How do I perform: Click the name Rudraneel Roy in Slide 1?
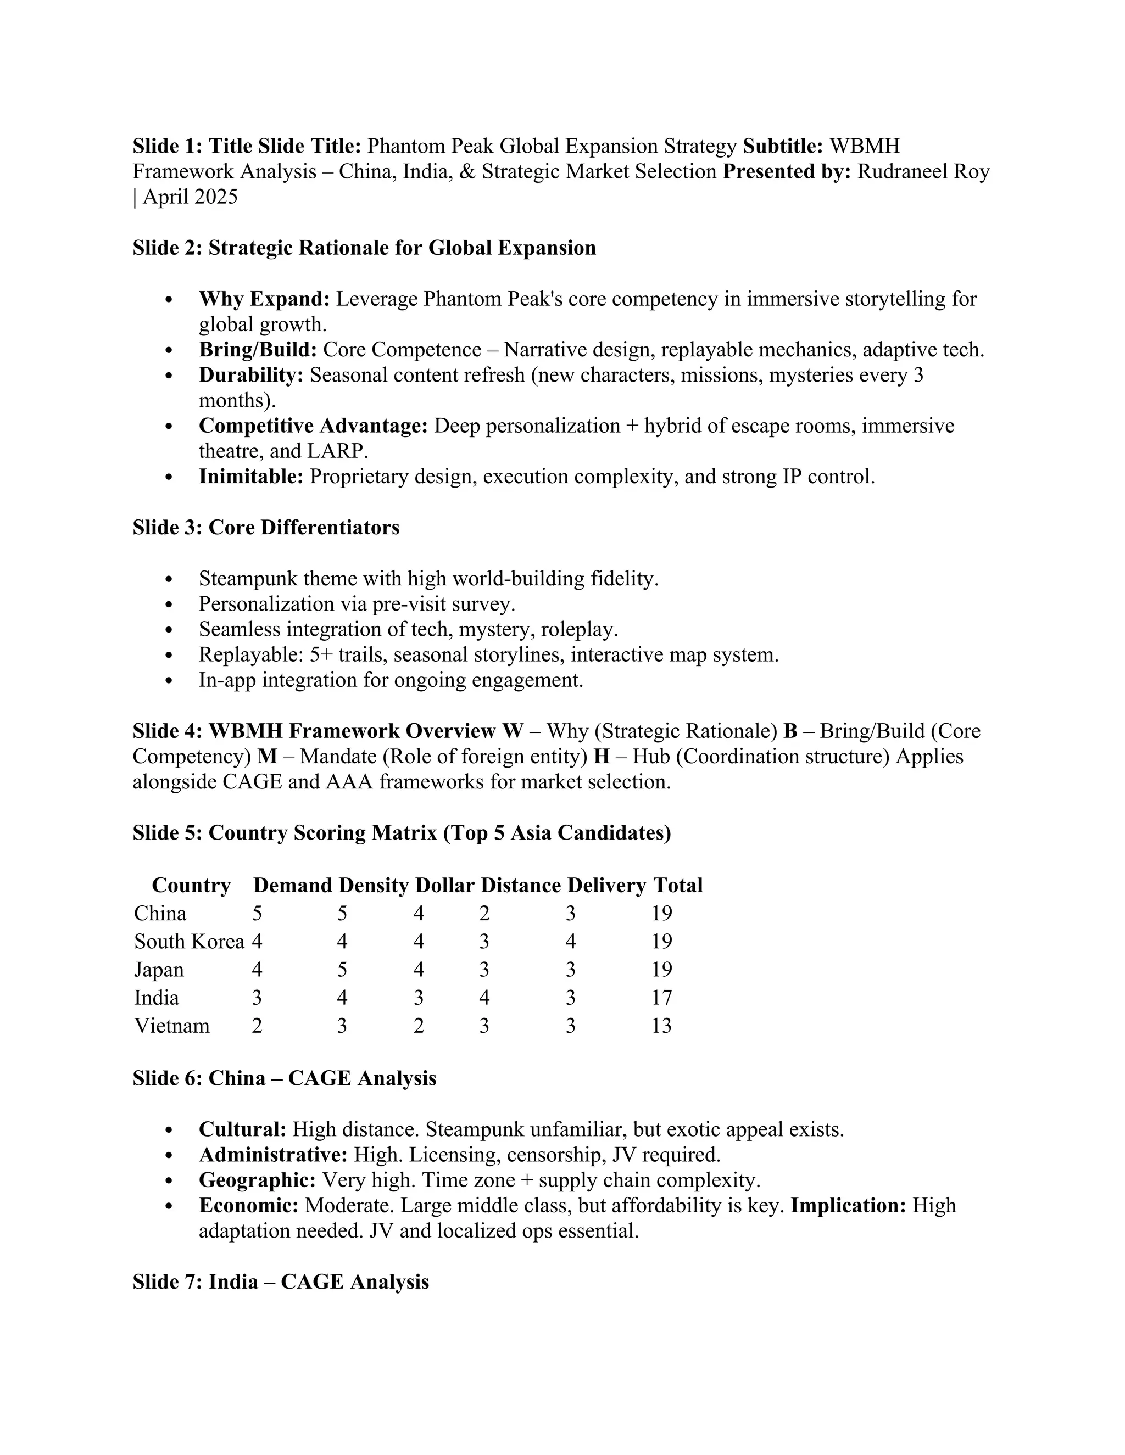coord(923,172)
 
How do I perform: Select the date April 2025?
coord(190,197)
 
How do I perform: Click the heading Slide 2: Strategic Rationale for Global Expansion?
coord(364,248)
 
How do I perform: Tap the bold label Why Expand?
coord(264,299)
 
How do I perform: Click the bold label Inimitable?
coord(251,477)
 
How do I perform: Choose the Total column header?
coord(678,886)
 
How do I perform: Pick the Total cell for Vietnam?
coord(661,1025)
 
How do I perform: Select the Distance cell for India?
coord(484,997)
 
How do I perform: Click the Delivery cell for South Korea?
coord(571,941)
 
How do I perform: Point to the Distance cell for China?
coord(484,914)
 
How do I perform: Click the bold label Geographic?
coord(257,1180)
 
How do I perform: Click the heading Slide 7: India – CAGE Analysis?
coord(281,1282)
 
